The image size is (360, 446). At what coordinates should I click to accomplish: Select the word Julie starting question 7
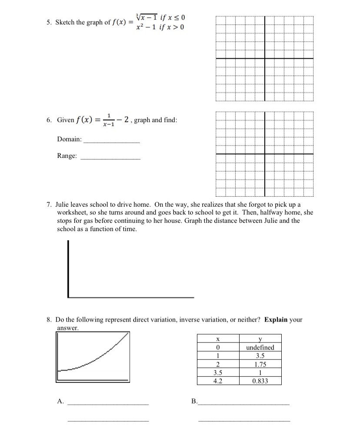pyautogui.click(x=64, y=205)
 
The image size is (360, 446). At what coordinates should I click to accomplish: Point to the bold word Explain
pyautogui.click(x=275, y=319)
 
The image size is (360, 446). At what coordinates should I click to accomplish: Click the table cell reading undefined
pyautogui.click(x=260, y=347)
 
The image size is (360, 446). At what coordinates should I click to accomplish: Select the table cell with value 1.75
pyautogui.click(x=260, y=364)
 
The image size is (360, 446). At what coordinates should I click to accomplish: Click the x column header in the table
pyautogui.click(x=217, y=339)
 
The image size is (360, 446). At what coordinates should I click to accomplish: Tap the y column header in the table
pyautogui.click(x=260, y=339)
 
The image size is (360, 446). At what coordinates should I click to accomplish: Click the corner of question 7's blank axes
pyautogui.click(x=69, y=296)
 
